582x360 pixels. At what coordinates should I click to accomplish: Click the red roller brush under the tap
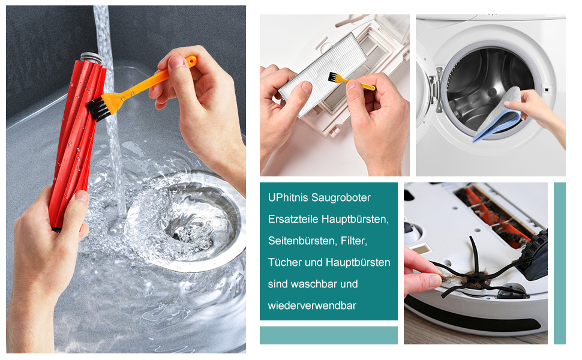77,141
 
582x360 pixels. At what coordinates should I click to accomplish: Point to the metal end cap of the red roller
91,57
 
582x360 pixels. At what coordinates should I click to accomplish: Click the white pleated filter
322,74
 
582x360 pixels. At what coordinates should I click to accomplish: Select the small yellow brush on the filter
351,82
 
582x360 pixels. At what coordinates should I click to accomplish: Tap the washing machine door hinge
437,89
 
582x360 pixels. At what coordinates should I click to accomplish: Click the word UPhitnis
288,197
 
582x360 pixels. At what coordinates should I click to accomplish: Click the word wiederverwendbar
312,305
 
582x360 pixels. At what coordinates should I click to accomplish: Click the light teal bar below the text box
328,335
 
